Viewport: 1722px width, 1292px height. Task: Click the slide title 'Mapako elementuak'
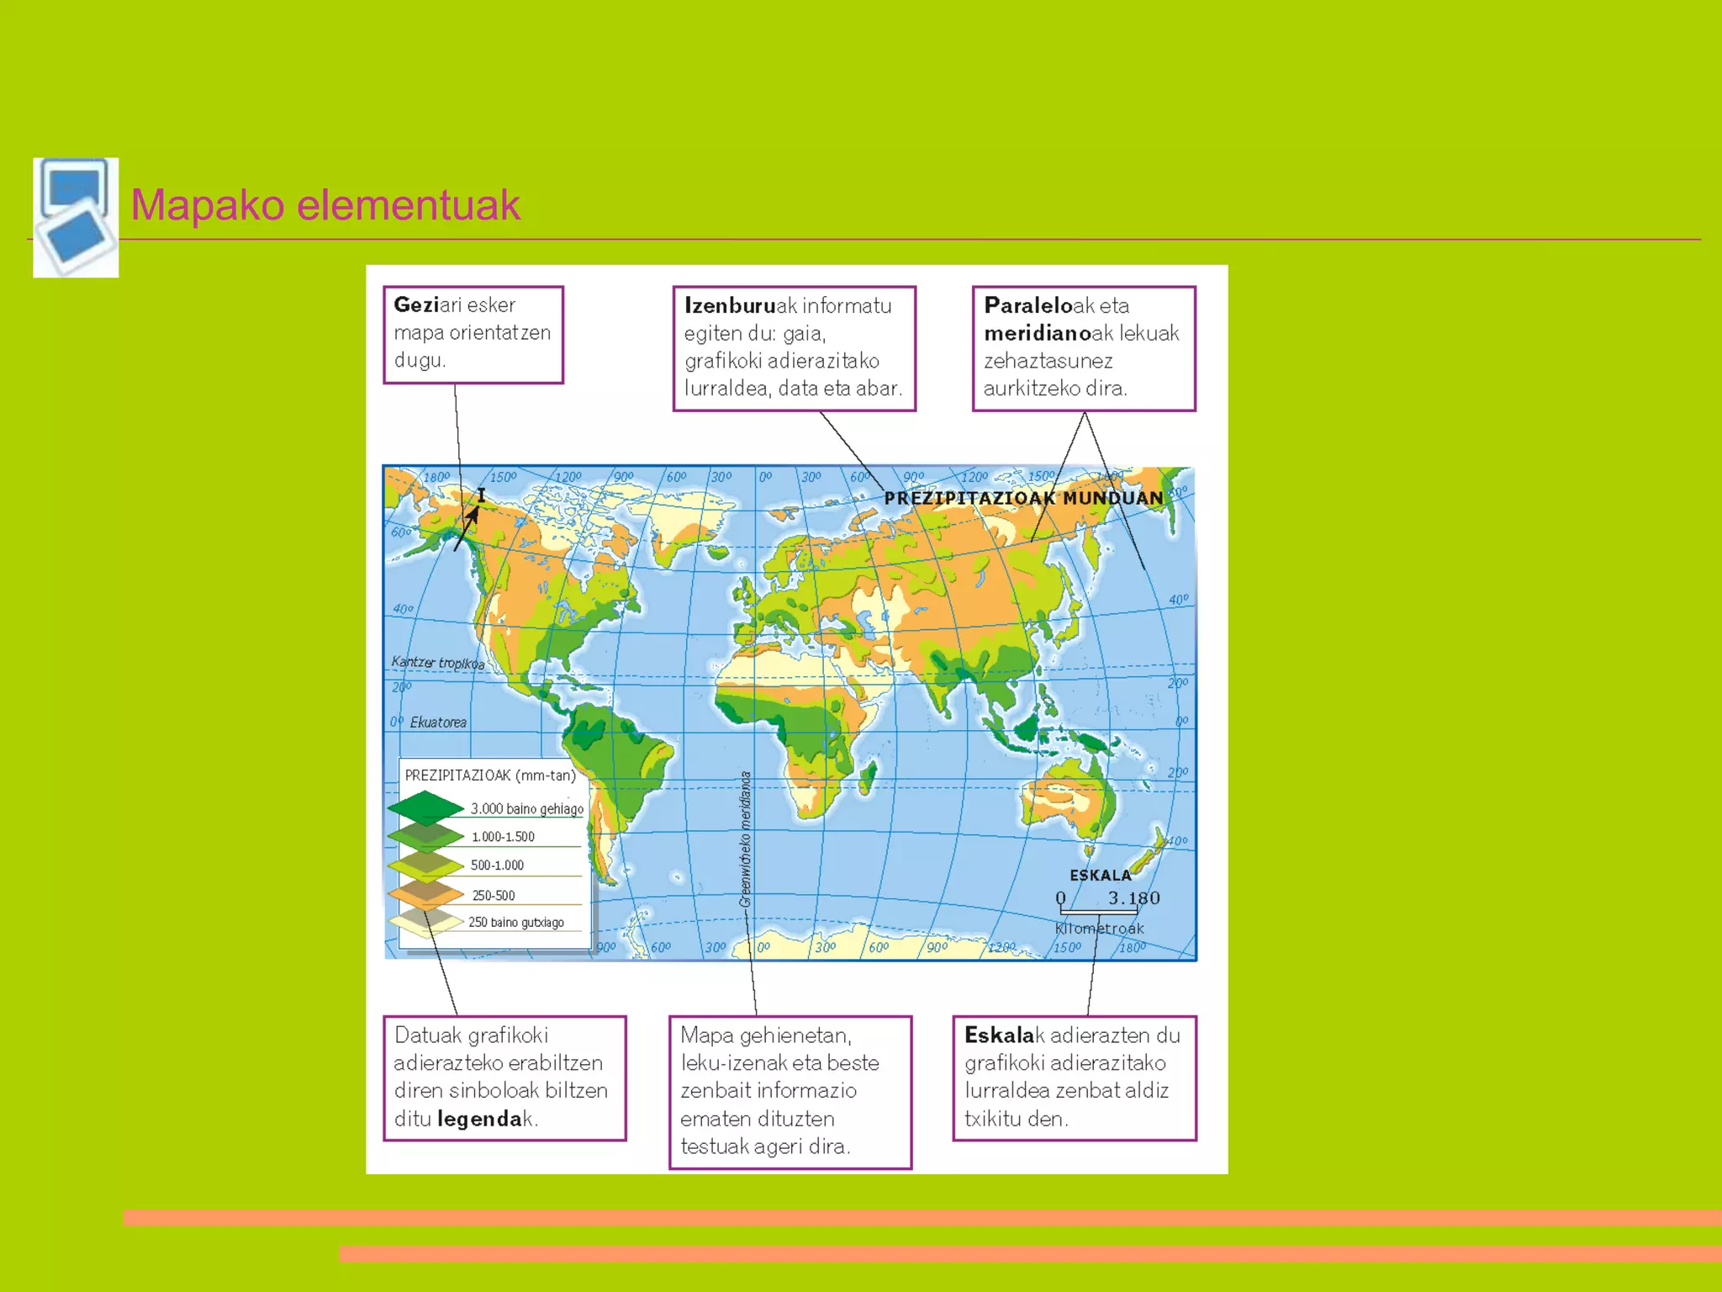[x=325, y=205]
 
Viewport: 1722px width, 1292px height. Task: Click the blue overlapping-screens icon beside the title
[x=76, y=217]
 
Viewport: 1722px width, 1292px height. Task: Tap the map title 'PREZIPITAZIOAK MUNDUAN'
[x=1023, y=498]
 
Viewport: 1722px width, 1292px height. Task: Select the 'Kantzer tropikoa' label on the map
[x=437, y=663]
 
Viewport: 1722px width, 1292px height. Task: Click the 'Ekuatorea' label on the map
[x=438, y=723]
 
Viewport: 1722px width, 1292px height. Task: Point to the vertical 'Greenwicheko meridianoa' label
[x=745, y=839]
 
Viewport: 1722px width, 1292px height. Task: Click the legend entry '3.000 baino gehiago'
[x=526, y=808]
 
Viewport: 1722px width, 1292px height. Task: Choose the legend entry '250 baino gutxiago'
[x=515, y=922]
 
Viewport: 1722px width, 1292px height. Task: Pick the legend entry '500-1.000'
[x=497, y=865]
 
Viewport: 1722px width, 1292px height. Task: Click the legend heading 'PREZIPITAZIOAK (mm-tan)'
[x=490, y=775]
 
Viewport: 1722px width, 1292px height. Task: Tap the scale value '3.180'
[x=1133, y=898]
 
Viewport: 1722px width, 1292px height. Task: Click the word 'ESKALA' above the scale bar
[x=1100, y=875]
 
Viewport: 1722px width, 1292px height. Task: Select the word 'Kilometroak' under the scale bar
[x=1099, y=929]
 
